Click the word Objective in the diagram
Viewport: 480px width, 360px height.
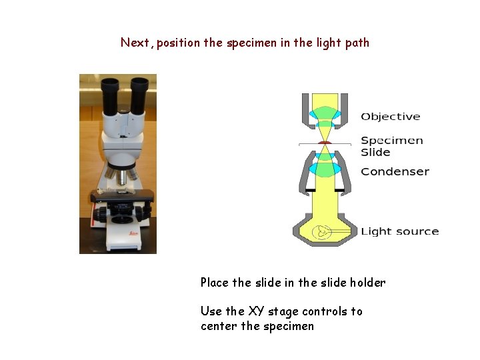390,117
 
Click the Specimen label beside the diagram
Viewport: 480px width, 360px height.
391,141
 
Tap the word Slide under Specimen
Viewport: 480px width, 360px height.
375,152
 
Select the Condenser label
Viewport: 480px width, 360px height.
395,171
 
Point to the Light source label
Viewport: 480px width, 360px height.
399,231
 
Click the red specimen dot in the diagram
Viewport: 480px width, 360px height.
325,142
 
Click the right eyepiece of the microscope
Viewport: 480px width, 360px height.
139,88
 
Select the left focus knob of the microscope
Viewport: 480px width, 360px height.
99,214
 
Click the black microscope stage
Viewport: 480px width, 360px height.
123,196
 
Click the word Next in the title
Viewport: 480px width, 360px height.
135,43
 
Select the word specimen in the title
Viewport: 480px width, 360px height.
249,43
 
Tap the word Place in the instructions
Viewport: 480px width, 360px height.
214,282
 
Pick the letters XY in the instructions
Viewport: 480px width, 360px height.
256,311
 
